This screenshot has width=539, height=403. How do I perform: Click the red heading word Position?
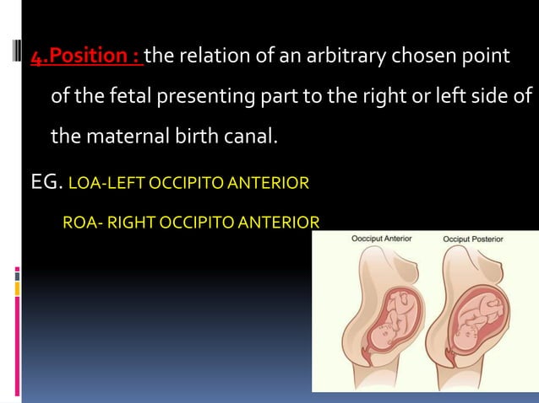tap(90, 56)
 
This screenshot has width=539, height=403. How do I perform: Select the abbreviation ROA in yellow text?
tap(79, 223)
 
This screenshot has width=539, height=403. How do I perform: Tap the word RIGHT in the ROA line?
tap(129, 223)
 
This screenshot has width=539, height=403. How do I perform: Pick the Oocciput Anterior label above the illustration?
tap(382, 239)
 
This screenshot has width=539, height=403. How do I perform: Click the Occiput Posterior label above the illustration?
tap(473, 239)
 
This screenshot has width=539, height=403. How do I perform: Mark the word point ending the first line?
tap(487, 56)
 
